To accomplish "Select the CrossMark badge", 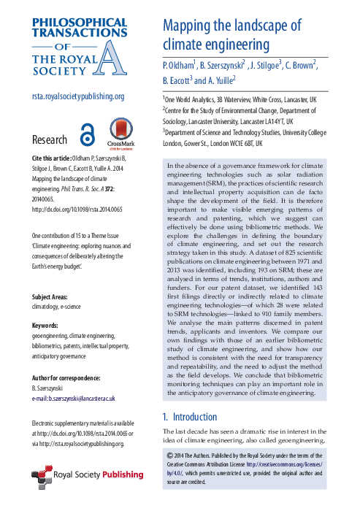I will (x=119, y=134).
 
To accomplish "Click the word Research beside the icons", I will (x=50, y=139).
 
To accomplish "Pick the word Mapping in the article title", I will (x=192, y=26).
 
